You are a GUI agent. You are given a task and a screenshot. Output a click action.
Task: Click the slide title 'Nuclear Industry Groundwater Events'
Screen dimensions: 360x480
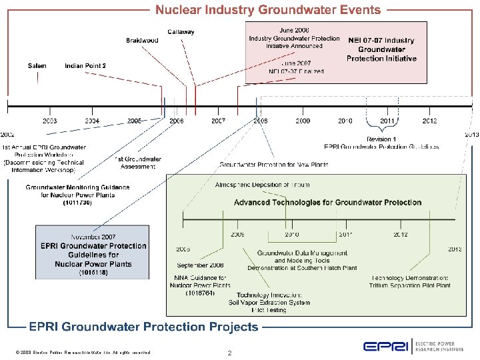pos(268,10)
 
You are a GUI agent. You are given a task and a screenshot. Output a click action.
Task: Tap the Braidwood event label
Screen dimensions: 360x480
pos(142,41)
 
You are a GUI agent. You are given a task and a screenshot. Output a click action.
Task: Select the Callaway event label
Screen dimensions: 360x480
pos(181,32)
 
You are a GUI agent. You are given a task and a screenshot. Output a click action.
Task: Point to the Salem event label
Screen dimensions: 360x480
pos(37,65)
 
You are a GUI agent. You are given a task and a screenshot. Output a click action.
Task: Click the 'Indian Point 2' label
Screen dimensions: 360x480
pos(85,65)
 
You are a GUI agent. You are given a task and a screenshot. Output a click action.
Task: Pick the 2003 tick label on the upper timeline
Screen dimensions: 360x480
pos(50,121)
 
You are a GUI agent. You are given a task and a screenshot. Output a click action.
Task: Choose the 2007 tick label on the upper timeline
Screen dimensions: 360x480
pos(218,121)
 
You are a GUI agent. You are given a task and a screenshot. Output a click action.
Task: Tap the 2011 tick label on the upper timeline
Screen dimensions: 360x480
pos(387,121)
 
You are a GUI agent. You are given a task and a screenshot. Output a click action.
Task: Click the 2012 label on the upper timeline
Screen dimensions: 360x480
pos(429,121)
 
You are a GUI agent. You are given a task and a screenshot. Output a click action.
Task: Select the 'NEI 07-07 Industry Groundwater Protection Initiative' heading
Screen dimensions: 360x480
pos(381,49)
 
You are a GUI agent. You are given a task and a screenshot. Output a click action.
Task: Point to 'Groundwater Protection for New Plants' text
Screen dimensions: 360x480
pos(273,164)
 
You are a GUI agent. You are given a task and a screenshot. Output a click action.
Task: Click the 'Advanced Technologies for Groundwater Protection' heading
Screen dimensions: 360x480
pos(327,202)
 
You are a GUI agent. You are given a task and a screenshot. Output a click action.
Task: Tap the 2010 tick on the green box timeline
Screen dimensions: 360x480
pos(291,235)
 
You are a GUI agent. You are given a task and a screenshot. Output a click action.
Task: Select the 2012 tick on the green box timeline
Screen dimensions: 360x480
pos(400,235)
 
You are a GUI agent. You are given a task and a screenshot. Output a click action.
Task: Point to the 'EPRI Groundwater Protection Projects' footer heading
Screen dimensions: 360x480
pos(143,327)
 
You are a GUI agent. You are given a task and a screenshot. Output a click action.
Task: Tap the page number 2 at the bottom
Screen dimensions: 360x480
pos(229,353)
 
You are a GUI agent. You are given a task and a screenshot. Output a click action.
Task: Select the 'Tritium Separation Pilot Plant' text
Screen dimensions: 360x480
pos(410,285)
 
